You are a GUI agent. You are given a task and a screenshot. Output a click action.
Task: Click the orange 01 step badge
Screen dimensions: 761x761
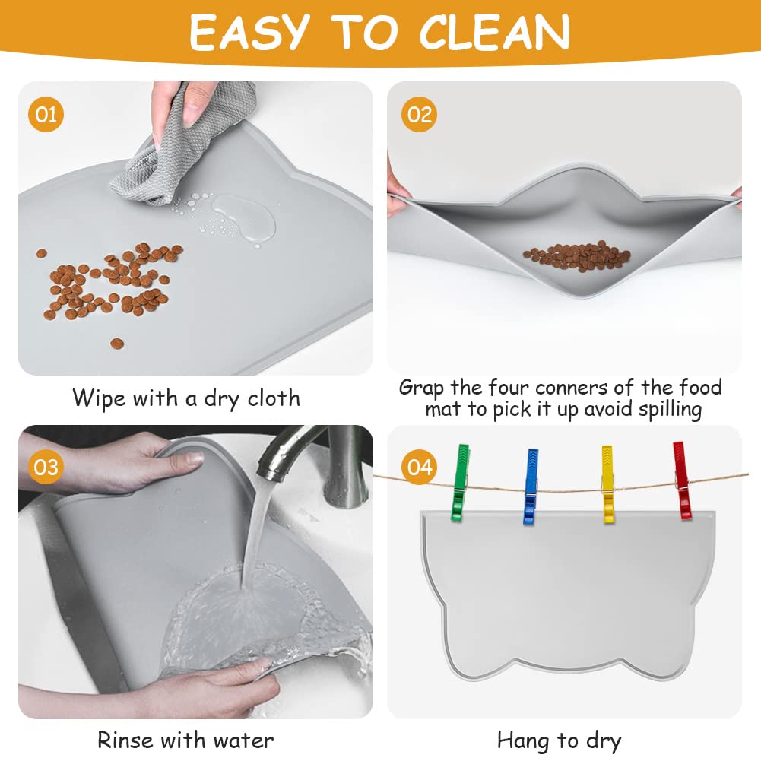(46, 115)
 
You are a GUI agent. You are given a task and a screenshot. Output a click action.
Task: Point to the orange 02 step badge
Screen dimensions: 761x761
(419, 115)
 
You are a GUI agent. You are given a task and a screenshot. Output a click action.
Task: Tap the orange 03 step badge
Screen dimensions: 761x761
(46, 466)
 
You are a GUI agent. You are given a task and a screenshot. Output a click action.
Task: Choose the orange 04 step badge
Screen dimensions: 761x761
(419, 466)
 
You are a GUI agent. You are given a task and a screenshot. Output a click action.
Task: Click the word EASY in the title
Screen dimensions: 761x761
(249, 33)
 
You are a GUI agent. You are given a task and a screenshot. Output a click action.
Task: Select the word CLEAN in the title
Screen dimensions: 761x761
(496, 33)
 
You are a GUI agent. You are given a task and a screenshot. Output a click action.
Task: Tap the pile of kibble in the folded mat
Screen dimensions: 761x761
(576, 256)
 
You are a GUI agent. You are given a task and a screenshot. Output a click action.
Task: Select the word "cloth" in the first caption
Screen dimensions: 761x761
(271, 398)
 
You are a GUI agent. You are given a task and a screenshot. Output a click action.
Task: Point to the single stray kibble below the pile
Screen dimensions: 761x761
(117, 344)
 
